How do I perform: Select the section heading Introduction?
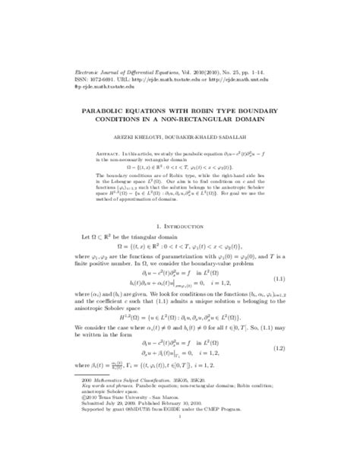pyautogui.click(x=188, y=227)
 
